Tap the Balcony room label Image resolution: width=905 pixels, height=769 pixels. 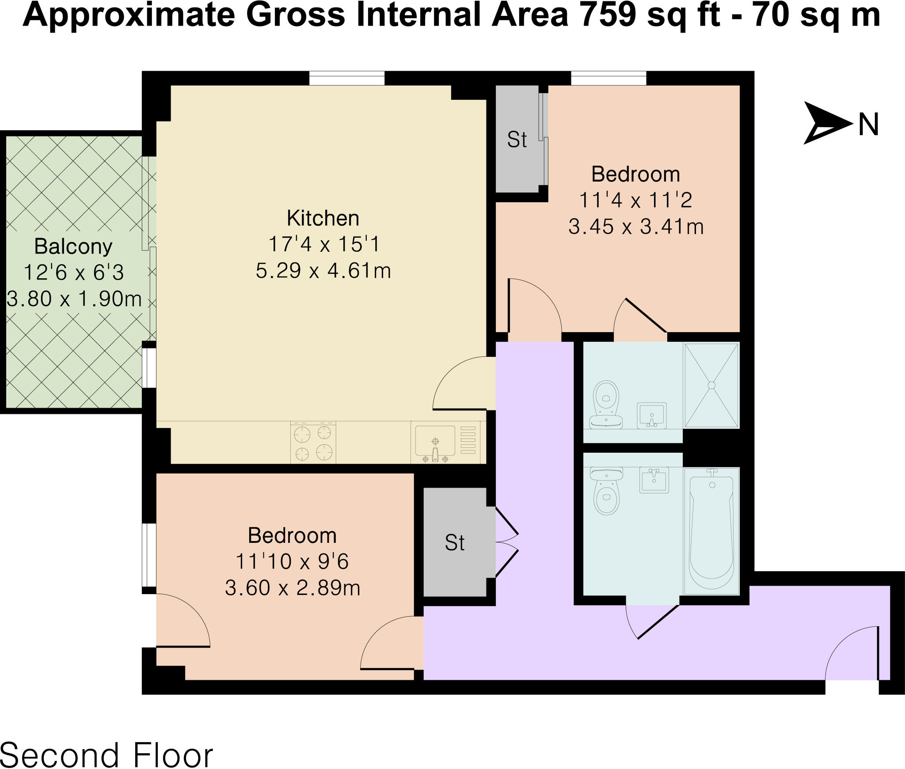click(73, 246)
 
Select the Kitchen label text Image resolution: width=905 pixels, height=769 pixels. click(323, 218)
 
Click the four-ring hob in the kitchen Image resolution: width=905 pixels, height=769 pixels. click(313, 442)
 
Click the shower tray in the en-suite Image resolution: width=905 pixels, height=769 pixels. click(711, 385)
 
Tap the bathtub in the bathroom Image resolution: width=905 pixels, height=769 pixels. click(711, 530)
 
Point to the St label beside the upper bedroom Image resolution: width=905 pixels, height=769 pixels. click(517, 140)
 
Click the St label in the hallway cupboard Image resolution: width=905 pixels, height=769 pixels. click(455, 543)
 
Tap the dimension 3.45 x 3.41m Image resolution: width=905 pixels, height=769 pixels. click(636, 227)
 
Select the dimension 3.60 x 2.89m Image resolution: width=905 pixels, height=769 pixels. click(293, 588)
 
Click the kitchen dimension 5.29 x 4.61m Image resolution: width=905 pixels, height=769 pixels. click(323, 270)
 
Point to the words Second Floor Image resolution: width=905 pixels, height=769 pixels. click(106, 754)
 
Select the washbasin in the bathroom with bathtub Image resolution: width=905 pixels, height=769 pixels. click(654, 480)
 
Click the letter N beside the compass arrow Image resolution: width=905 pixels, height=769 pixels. click(868, 125)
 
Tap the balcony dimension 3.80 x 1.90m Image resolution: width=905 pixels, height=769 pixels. click(74, 299)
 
